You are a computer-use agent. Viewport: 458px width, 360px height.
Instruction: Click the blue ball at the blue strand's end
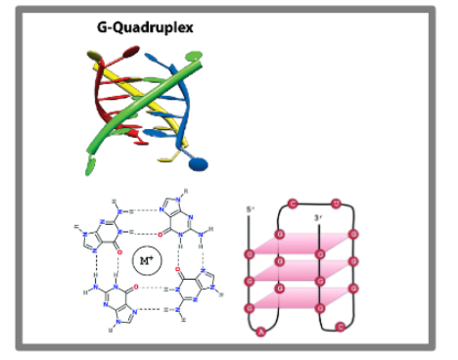pos(198,164)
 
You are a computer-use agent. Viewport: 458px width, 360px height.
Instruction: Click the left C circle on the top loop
pos(293,204)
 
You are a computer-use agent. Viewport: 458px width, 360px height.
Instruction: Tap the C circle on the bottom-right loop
pos(341,326)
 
